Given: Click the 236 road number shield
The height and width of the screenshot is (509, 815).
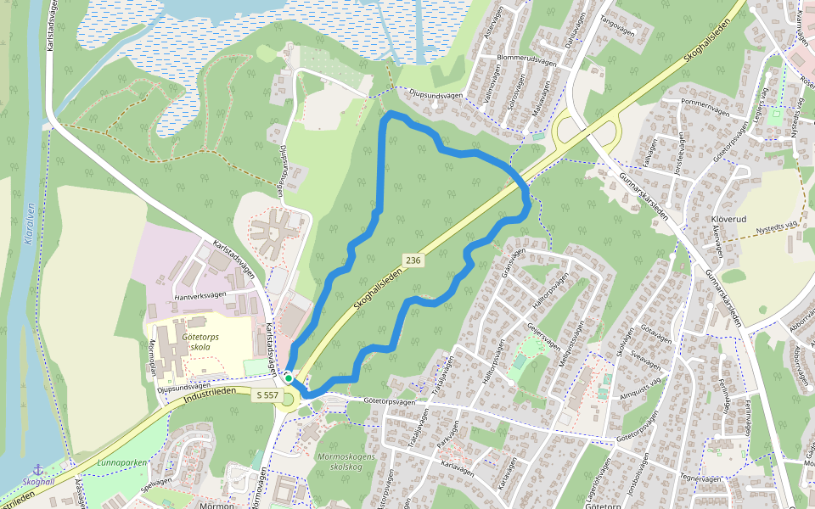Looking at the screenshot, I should coord(413,260).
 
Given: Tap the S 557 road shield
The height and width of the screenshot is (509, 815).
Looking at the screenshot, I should coord(266,394).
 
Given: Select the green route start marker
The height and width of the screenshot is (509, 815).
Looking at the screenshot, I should coord(289,378).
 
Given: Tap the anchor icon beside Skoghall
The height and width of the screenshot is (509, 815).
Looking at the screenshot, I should coord(37,469).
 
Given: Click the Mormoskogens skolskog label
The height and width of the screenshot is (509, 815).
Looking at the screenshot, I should coord(346,461).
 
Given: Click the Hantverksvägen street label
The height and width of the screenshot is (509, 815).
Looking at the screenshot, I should coord(200,295).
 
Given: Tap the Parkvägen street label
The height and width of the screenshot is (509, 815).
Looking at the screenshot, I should coord(453,444).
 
